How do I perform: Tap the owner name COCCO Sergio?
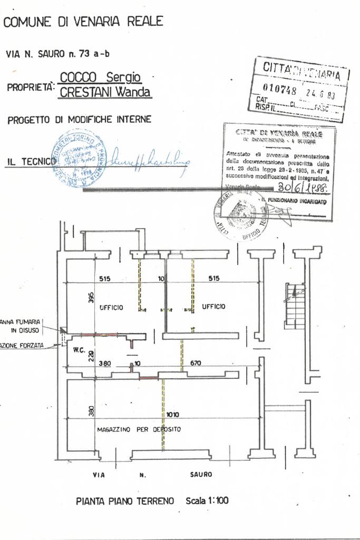101,78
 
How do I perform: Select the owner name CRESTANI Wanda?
105,93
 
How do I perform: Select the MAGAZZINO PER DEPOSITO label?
139,429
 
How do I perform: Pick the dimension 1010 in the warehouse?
173,415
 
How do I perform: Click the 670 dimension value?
196,363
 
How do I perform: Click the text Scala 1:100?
207,500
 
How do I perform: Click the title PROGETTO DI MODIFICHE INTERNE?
79,120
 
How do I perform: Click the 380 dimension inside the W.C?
105,363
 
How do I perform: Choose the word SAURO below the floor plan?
200,474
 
